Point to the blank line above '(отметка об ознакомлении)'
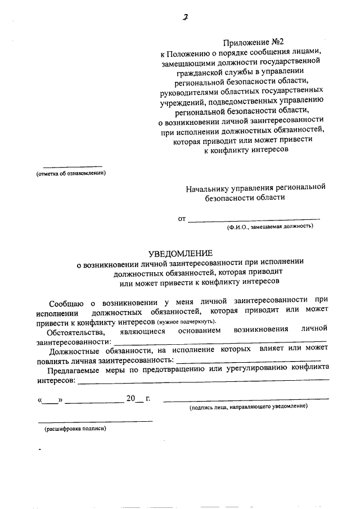(x=73, y=166)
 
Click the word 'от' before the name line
(x=182, y=218)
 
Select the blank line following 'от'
(x=253, y=219)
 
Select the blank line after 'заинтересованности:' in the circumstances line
(x=219, y=341)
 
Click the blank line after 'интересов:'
(x=202, y=381)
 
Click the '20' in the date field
(x=130, y=399)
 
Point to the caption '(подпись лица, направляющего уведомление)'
(x=249, y=406)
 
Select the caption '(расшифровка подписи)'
(x=75, y=429)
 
